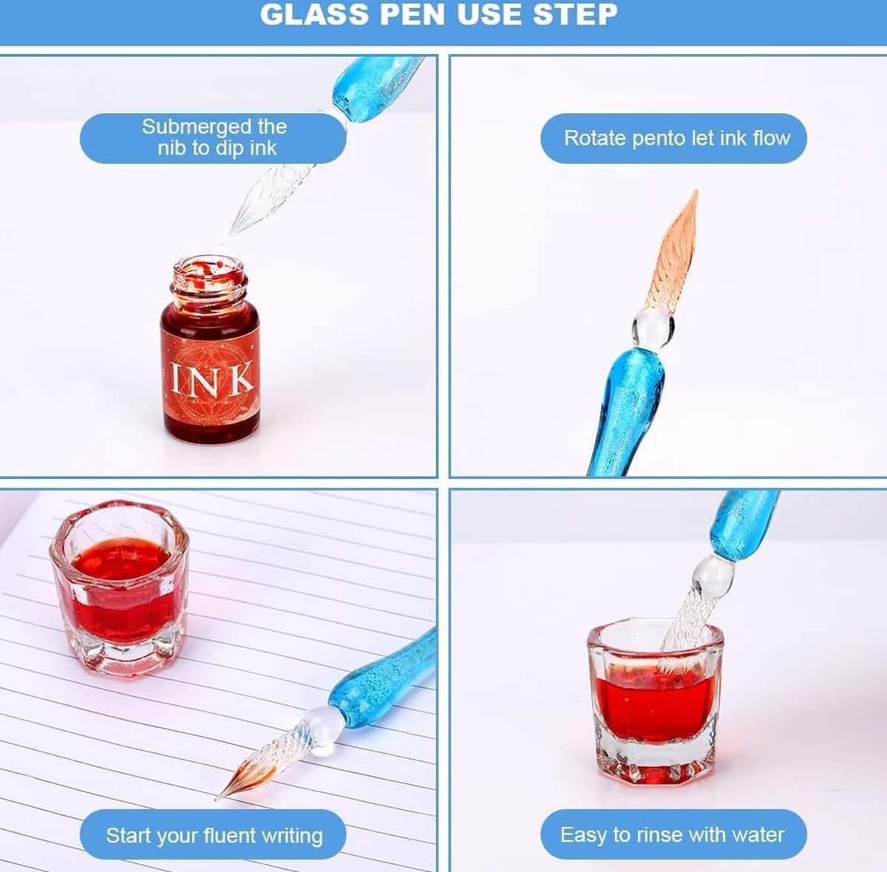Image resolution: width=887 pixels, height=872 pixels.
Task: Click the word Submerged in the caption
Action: tap(196, 127)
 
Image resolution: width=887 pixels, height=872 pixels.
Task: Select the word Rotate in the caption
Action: tap(595, 137)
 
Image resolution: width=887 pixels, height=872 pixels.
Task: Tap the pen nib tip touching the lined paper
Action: tap(217, 798)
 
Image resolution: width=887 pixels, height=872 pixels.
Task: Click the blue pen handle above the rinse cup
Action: tap(741, 524)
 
